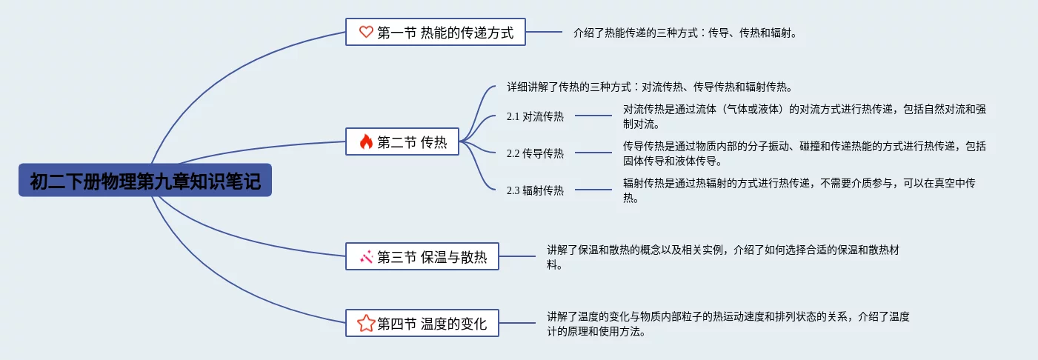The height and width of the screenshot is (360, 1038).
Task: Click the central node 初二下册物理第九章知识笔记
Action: pyautogui.click(x=145, y=180)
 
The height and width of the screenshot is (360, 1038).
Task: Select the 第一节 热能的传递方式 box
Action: pyautogui.click(x=436, y=32)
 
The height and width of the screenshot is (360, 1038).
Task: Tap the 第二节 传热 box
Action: pyautogui.click(x=403, y=142)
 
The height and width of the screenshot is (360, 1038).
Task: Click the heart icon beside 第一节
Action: pyautogui.click(x=365, y=32)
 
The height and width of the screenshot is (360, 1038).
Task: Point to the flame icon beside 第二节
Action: pyautogui.click(x=366, y=142)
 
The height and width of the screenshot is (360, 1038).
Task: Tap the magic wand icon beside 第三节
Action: pyautogui.click(x=366, y=257)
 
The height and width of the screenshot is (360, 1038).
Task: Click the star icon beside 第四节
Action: pyautogui.click(x=366, y=323)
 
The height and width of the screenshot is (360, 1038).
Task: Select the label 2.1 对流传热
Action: pyautogui.click(x=535, y=116)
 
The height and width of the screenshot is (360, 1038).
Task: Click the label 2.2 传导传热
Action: pyautogui.click(x=535, y=153)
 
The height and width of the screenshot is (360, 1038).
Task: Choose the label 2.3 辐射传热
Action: pyautogui.click(x=535, y=190)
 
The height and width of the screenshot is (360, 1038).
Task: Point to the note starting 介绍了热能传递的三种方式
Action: pyautogui.click(x=685, y=33)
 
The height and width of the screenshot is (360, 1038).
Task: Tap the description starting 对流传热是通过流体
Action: pyautogui.click(x=804, y=116)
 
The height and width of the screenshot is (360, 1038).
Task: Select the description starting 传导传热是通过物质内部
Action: pyautogui.click(x=804, y=153)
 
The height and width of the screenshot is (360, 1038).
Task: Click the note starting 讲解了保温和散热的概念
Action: pyautogui.click(x=723, y=257)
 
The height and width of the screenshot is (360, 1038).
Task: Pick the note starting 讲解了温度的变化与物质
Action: pyautogui.click(x=728, y=324)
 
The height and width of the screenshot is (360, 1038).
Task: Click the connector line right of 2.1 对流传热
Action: pyautogui.click(x=593, y=116)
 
